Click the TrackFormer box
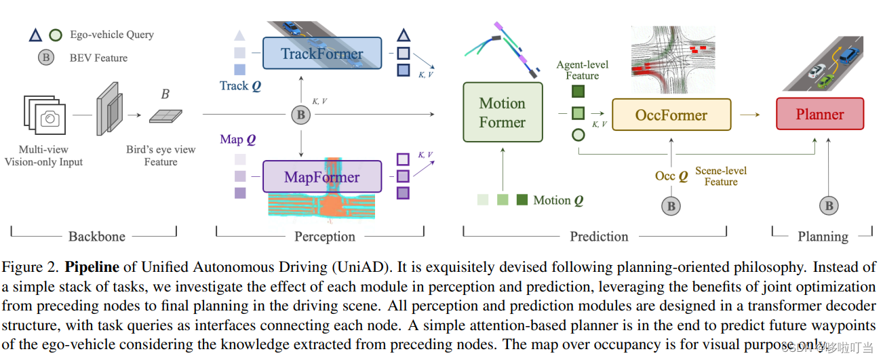(321, 54)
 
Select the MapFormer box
(321, 178)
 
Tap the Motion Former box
(503, 113)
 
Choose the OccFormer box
(671, 115)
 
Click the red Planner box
(819, 114)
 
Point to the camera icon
(50, 119)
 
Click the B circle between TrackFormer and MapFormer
(300, 115)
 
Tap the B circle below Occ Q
(671, 205)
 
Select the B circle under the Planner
(827, 205)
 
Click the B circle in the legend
(46, 58)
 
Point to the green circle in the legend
(56, 35)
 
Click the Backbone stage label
(97, 237)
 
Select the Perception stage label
(325, 237)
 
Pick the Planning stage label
(822, 237)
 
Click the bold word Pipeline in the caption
(92, 267)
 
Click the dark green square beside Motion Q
(522, 199)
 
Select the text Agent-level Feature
(582, 70)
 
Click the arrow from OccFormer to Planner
(749, 115)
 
